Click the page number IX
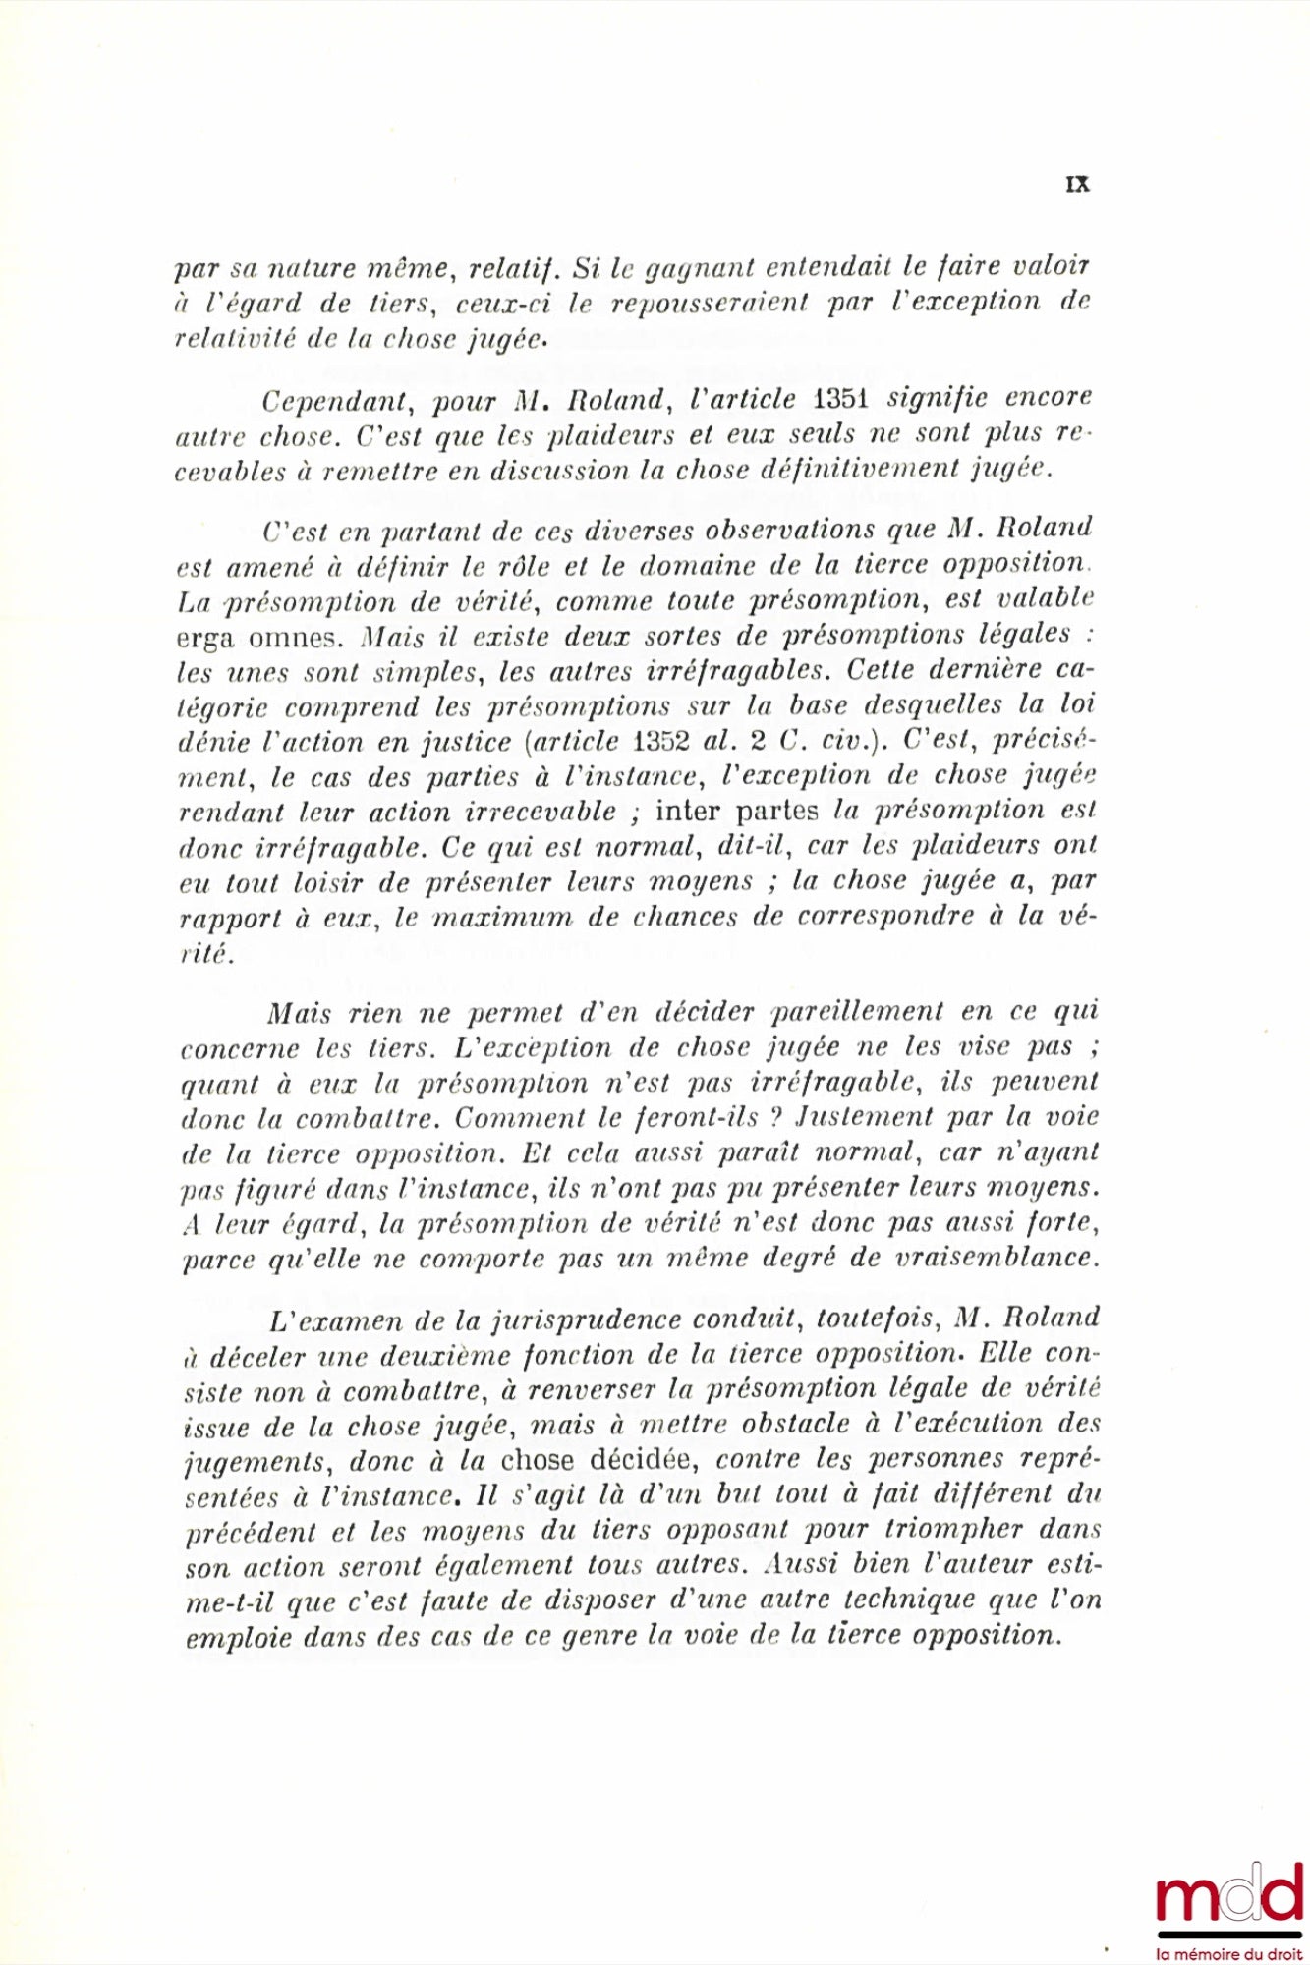click(1078, 184)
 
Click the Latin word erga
click(206, 639)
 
